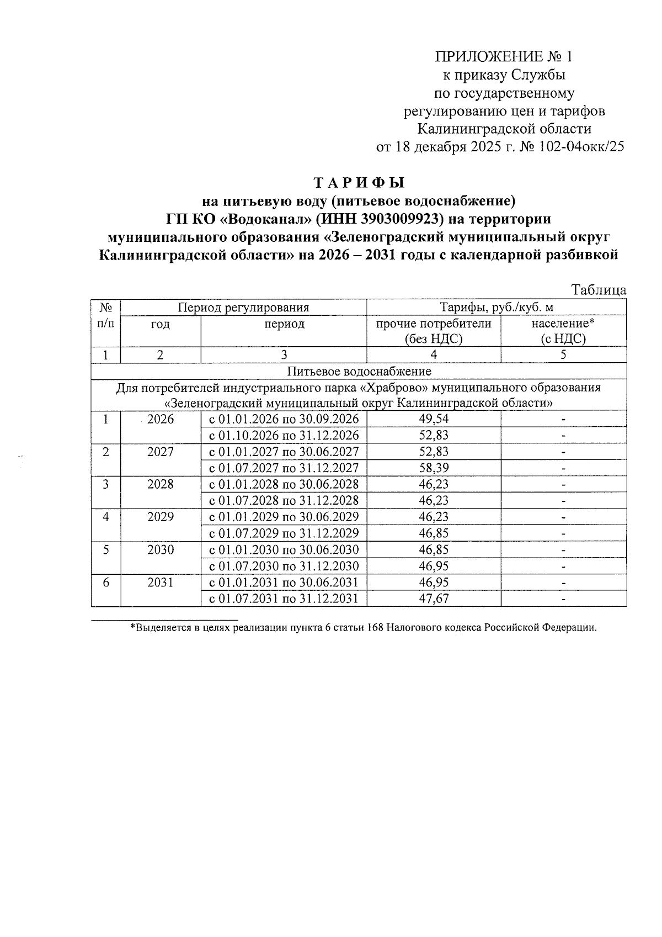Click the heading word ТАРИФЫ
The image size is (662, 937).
pyautogui.click(x=359, y=182)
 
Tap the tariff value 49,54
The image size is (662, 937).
pyautogui.click(x=434, y=419)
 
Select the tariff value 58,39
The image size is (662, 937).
pyautogui.click(x=434, y=468)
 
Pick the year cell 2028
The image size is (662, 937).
pyautogui.click(x=161, y=484)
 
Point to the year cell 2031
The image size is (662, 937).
pyautogui.click(x=161, y=583)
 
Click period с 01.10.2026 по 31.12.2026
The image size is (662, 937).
pyautogui.click(x=284, y=436)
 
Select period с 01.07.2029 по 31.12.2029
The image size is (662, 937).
pyautogui.click(x=284, y=533)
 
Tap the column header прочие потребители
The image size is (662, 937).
pyautogui.click(x=434, y=324)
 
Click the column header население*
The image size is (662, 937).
pyautogui.click(x=563, y=324)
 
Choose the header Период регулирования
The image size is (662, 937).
pyautogui.click(x=243, y=308)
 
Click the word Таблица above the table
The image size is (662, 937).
pyautogui.click(x=599, y=290)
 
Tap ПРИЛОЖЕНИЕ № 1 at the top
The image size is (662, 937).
pyautogui.click(x=504, y=57)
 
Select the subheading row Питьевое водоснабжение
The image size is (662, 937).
pyautogui.click(x=359, y=371)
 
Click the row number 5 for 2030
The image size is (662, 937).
pyautogui.click(x=105, y=550)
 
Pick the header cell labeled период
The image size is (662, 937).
pyautogui.click(x=284, y=324)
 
